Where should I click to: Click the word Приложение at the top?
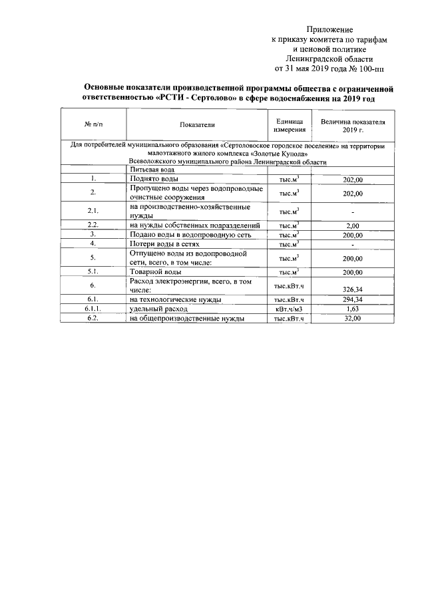coord(329,30)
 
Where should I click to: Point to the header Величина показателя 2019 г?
coord(353,125)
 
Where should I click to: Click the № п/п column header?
coord(93,125)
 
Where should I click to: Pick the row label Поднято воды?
coord(154,179)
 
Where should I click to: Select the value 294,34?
coord(352,300)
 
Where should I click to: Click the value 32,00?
coord(352,319)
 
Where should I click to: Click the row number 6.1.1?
coord(93,309)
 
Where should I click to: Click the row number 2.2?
coord(93,225)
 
